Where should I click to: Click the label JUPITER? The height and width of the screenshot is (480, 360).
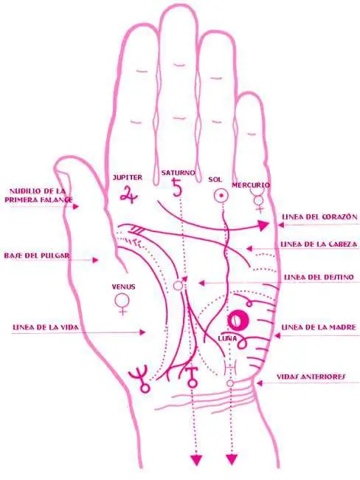point(128,177)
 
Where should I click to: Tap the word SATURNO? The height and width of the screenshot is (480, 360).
point(178,172)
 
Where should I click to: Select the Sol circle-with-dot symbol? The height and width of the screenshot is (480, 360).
point(221,195)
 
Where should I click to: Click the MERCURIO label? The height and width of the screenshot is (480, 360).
point(251,185)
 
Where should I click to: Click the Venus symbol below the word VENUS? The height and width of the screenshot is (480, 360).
point(122,304)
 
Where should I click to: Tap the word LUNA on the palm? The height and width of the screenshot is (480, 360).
point(227,338)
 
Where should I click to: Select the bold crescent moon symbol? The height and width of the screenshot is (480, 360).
point(238,320)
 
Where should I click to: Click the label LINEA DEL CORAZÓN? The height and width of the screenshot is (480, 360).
point(319,216)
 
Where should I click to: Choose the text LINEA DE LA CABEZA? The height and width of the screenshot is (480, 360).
point(319,244)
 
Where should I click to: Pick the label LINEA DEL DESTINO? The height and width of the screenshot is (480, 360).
point(319,277)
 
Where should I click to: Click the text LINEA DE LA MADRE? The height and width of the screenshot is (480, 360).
point(319,327)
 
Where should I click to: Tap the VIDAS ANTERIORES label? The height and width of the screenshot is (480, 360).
point(311,376)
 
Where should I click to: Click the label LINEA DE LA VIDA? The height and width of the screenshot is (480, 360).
point(46,327)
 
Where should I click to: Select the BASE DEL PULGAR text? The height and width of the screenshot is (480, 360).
point(37,256)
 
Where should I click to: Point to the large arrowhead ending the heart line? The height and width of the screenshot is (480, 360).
point(263,225)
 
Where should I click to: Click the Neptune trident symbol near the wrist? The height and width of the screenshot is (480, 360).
point(140,378)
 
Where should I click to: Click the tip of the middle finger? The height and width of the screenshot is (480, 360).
point(178,5)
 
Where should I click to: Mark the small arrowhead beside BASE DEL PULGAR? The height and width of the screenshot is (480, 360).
point(96,260)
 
